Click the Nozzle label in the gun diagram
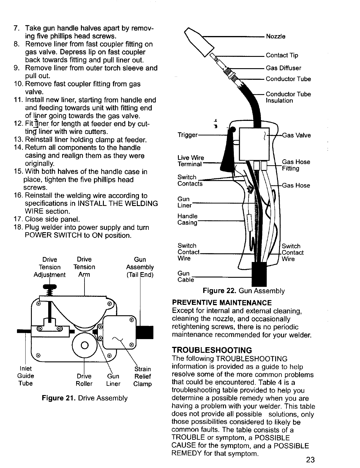[x=276, y=37]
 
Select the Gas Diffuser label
[x=284, y=68]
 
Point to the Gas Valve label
[x=296, y=135]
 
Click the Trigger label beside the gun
[x=187, y=135]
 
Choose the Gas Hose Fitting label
[x=296, y=165]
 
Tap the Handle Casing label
[x=187, y=219]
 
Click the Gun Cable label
[x=185, y=277]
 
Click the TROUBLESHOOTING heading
[x=212, y=350]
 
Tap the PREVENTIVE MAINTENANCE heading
[x=222, y=303]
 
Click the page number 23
[x=310, y=460]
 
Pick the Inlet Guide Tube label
[x=26, y=376]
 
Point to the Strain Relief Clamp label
[x=143, y=376]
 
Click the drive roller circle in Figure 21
[x=84, y=344]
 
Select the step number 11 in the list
[x=18, y=100]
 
